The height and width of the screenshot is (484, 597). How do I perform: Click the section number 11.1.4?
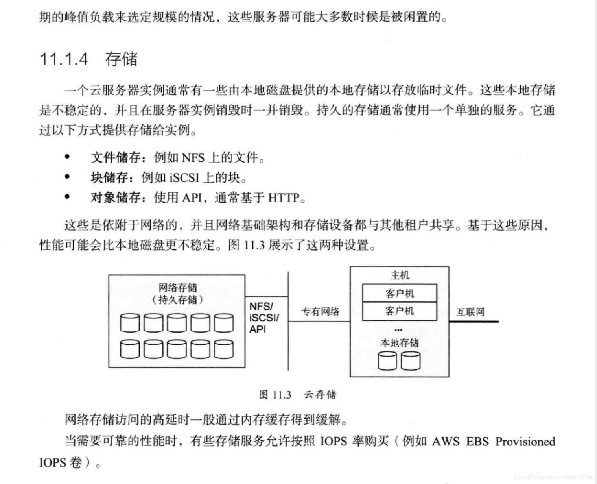64,59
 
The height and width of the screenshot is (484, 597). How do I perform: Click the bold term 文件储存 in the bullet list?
116,158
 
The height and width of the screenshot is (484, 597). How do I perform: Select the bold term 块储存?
109,177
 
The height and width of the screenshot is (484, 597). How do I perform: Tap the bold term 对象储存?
116,197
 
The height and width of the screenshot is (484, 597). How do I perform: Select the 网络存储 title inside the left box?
178,288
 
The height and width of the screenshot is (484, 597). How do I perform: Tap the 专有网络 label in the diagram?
320,312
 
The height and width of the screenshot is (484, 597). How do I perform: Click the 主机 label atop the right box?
400,275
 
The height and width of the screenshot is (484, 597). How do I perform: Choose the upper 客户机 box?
400,293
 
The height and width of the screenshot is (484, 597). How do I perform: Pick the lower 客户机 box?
400,311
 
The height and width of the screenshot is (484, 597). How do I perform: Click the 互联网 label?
470,312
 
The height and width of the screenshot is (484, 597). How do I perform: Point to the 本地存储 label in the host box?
400,343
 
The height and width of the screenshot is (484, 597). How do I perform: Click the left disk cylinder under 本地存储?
387,361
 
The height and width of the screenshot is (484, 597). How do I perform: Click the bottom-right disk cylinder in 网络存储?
224,349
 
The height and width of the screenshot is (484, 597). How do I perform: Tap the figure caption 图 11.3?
275,395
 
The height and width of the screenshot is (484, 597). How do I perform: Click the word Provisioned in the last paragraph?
525,442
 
